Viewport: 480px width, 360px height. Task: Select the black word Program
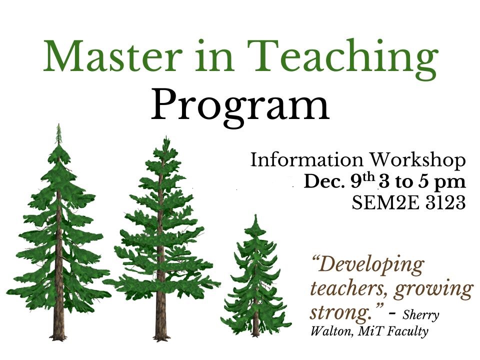[240, 105]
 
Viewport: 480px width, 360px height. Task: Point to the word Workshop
[417, 160]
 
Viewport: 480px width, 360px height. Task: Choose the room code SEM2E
[385, 202]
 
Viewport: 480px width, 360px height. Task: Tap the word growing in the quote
[433, 289]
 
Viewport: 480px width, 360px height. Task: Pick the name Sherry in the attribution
[420, 315]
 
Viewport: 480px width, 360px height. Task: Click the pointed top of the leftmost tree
[58, 124]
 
